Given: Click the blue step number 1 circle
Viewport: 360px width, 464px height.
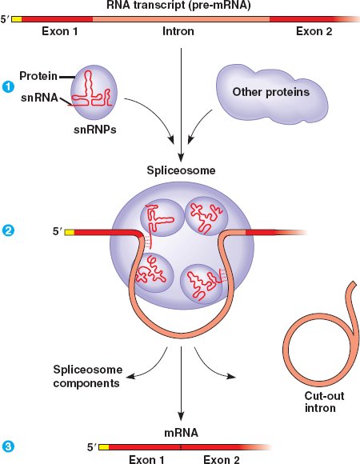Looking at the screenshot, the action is coord(8,87).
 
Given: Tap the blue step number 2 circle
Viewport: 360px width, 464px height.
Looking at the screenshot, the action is coord(8,230).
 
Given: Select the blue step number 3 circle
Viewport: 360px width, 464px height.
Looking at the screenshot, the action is coord(8,446).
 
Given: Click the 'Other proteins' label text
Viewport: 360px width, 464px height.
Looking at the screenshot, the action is coord(270,92).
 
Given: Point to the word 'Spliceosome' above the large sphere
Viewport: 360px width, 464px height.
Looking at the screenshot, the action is coord(181,170).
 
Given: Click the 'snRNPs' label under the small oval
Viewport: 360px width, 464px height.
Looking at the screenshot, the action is coord(94,130).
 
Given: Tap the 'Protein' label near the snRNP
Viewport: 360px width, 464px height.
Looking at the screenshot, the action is coord(38,76).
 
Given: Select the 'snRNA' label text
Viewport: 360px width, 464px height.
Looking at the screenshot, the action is coord(39,98).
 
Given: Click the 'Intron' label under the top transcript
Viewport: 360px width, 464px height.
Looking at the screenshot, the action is coord(178,31).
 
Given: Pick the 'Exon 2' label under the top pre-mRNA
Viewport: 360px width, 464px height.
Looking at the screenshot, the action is coord(314,31).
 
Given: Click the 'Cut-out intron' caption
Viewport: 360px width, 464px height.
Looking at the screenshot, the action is coord(324,402).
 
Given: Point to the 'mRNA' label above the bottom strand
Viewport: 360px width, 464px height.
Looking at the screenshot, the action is coord(181,433).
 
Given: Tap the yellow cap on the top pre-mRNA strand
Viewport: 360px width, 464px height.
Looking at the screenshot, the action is coord(17,19).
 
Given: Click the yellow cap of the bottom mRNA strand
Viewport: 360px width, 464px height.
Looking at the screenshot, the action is coord(103,447).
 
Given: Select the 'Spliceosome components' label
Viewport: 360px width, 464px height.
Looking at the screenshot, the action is coord(87,377).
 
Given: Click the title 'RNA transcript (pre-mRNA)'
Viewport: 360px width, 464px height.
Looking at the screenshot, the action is coord(178,6).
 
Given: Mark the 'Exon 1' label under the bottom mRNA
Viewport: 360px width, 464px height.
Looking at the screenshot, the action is coord(146,459).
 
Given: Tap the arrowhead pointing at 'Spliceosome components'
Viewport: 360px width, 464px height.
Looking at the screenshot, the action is coord(130,377).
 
